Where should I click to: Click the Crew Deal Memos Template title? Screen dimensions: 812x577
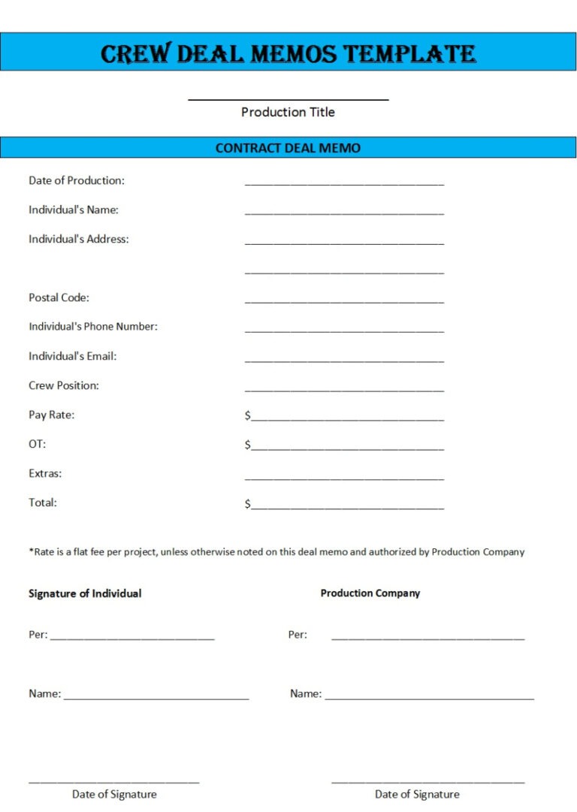(x=288, y=53)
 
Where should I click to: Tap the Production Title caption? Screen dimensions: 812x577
(x=288, y=112)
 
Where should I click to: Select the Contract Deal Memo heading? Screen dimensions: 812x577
(x=288, y=148)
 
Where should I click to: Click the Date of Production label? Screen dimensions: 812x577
(x=77, y=180)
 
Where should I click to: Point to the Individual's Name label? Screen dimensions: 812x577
(x=74, y=210)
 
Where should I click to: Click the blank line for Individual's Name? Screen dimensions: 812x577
(x=344, y=213)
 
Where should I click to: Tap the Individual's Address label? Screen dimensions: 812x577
(x=79, y=239)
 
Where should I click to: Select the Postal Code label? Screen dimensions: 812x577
(x=59, y=297)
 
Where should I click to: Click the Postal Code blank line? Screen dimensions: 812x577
(x=344, y=301)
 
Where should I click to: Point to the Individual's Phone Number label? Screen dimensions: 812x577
(x=93, y=327)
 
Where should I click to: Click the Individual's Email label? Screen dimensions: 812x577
(x=73, y=356)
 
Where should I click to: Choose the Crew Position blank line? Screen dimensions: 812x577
(x=344, y=389)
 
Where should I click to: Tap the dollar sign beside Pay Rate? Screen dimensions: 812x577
(x=248, y=415)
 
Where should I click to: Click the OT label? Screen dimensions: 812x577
(x=37, y=444)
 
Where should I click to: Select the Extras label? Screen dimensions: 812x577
(x=45, y=473)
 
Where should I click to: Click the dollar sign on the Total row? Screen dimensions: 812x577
(x=248, y=504)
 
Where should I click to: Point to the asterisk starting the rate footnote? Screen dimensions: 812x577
(x=31, y=551)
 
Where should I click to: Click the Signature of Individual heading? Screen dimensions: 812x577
(x=85, y=593)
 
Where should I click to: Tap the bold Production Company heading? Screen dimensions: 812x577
(x=370, y=593)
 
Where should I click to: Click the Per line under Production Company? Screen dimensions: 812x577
(x=427, y=638)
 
